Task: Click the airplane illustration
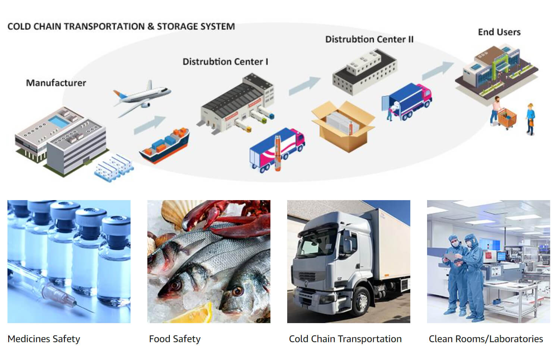coord(142,97)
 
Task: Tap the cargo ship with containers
coord(164,146)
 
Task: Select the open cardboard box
coord(343,126)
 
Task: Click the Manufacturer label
coord(56,83)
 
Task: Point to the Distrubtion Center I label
coord(225,61)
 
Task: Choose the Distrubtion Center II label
coord(369,40)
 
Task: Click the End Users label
coord(499,32)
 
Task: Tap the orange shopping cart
coord(507,118)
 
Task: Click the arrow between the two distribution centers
coord(305,86)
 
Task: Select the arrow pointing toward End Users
coord(438,70)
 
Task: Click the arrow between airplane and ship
coord(150,125)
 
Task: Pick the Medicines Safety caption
coord(44,339)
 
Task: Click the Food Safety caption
coord(175,339)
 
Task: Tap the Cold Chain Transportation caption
coord(345,339)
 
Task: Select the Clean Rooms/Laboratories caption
coord(486,339)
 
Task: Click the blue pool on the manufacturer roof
coord(59,121)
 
